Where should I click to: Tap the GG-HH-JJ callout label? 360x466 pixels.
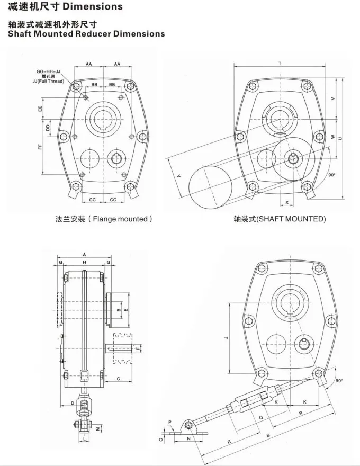(x=48, y=71)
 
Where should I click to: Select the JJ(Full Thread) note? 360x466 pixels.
(x=48, y=81)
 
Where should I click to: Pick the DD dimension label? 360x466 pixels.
(x=48, y=128)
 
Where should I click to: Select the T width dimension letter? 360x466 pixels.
(x=280, y=64)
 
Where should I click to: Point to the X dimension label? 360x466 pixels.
(x=287, y=202)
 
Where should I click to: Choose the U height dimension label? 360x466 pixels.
(x=340, y=139)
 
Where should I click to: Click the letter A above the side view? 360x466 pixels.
(x=85, y=255)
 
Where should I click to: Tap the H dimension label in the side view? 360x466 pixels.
(x=85, y=262)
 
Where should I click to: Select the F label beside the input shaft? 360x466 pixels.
(x=138, y=348)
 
